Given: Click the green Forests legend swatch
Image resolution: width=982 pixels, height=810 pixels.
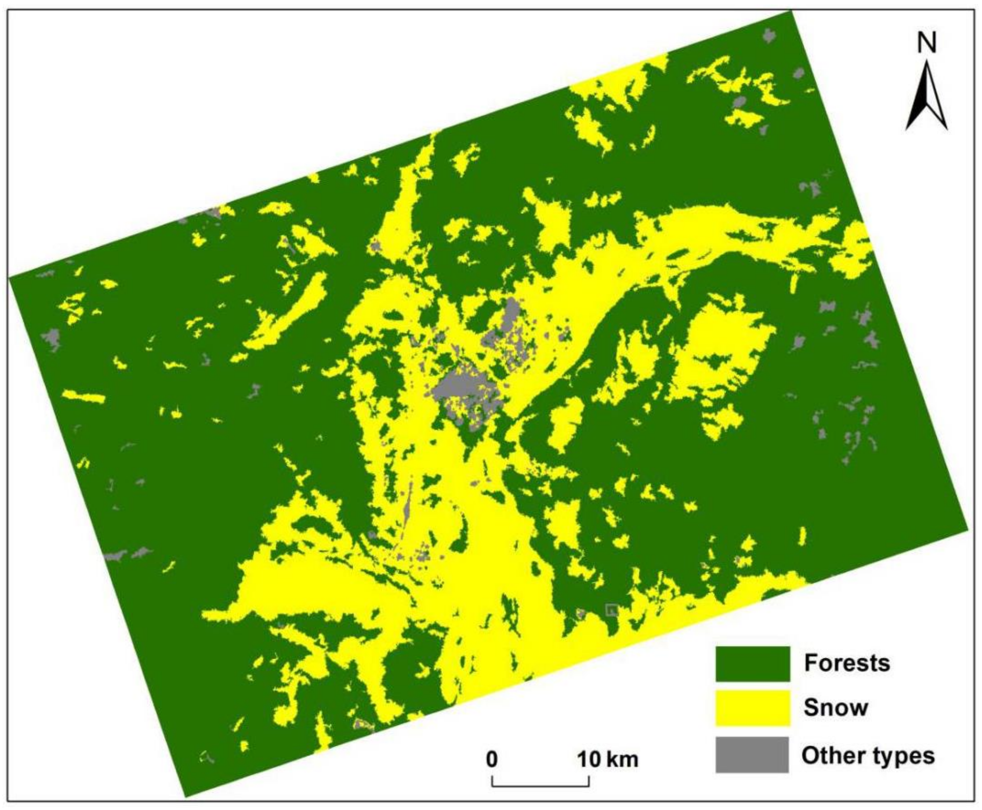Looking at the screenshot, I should [x=752, y=664].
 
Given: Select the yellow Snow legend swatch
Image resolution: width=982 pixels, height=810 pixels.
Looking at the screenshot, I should [x=752, y=708].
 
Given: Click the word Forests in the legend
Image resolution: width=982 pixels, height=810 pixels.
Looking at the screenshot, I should [x=846, y=663].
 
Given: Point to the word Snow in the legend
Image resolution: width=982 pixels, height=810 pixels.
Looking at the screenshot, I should [x=835, y=708].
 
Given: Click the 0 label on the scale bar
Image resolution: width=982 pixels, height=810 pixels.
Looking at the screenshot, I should [x=491, y=759].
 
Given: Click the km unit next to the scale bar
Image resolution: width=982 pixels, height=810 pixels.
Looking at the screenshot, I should [x=623, y=759].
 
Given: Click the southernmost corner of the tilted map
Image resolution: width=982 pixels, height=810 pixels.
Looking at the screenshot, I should [x=185, y=797].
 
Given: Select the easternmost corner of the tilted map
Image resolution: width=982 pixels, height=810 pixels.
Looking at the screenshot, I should [x=967, y=530].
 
